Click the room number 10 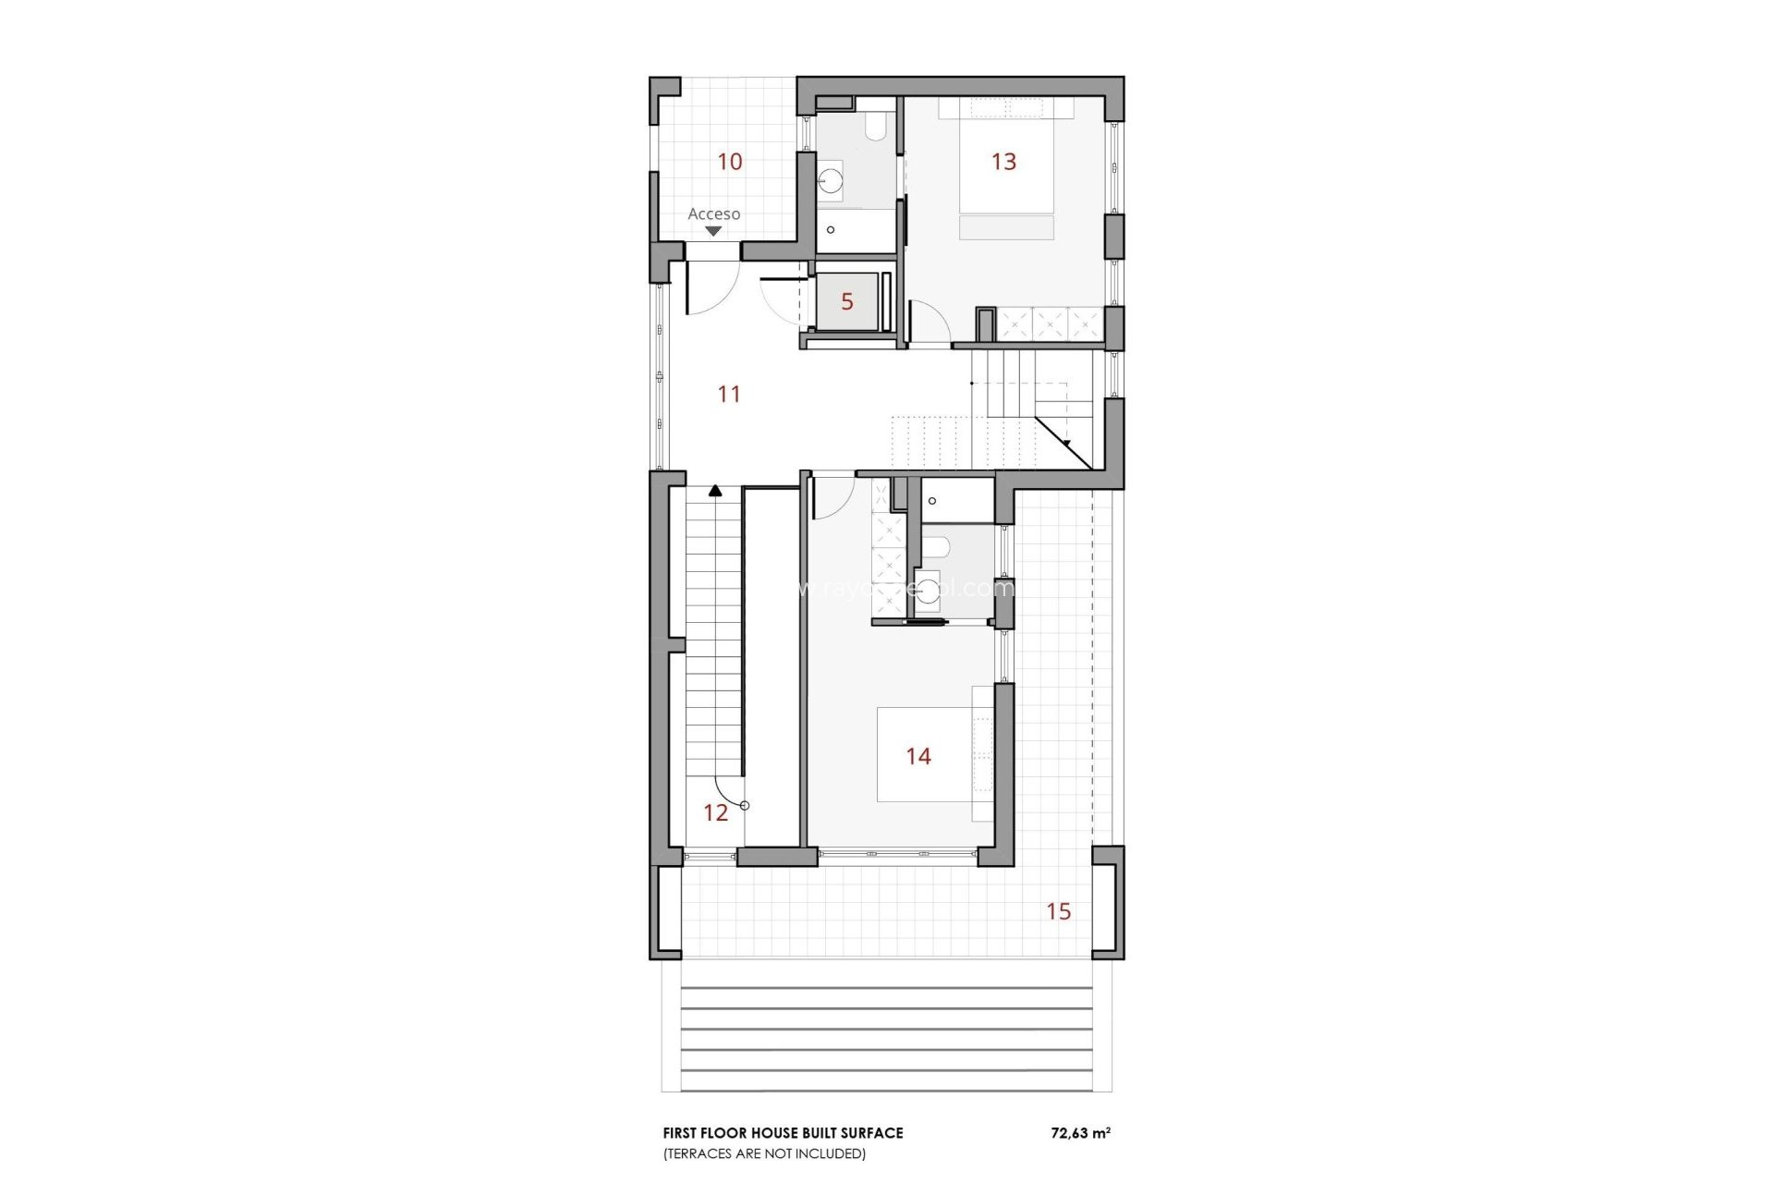pyautogui.click(x=730, y=162)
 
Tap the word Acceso pyautogui.click(x=713, y=213)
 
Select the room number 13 pyautogui.click(x=1003, y=162)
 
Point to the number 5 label pyautogui.click(x=847, y=301)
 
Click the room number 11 pyautogui.click(x=729, y=395)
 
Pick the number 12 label pyautogui.click(x=715, y=813)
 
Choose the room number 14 pyautogui.click(x=918, y=757)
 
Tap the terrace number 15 pyautogui.click(x=1058, y=911)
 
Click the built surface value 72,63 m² pyautogui.click(x=1080, y=1132)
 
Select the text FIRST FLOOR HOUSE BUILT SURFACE pyautogui.click(x=783, y=1132)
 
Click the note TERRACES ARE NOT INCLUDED pyautogui.click(x=764, y=1153)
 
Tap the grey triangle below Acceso pyautogui.click(x=713, y=231)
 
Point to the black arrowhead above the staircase pyautogui.click(x=715, y=491)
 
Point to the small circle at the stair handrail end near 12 pyautogui.click(x=745, y=806)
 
